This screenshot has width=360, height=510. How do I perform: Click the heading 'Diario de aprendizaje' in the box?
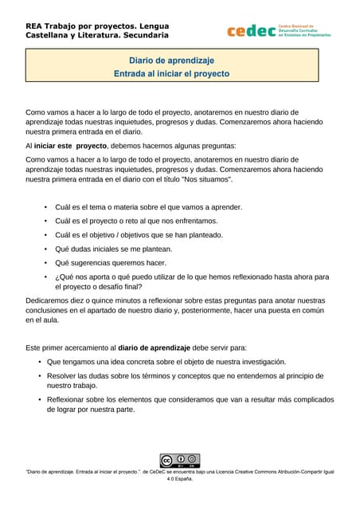point(171,60)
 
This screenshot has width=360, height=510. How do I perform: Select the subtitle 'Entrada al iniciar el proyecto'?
point(171,73)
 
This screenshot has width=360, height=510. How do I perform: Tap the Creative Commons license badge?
point(179,460)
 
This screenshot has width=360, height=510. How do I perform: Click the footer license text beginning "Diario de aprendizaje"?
point(179,476)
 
